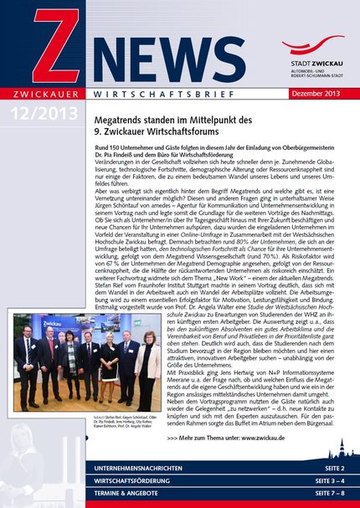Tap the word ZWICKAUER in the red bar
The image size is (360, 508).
pos(42,92)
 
